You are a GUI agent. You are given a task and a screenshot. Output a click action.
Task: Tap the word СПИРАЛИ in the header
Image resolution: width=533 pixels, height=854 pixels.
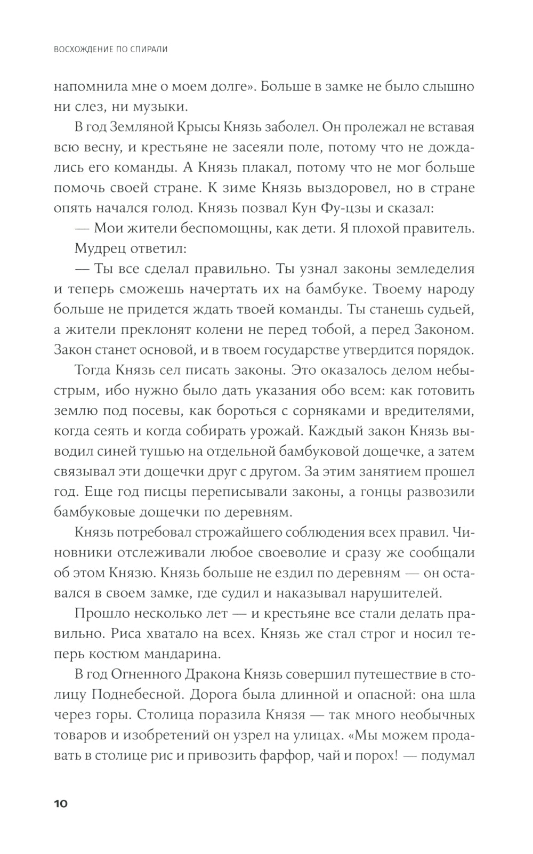(x=146, y=50)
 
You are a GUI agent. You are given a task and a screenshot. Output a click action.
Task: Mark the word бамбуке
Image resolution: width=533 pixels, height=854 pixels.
(x=332, y=289)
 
